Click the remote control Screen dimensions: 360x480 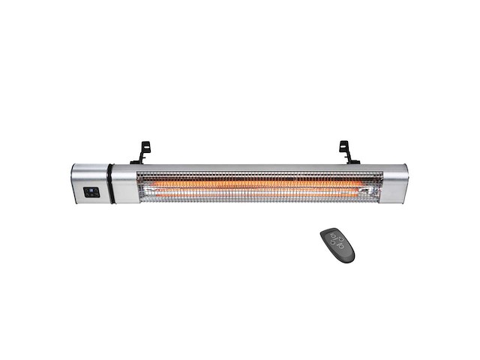click(337, 244)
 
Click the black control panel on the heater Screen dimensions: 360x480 click(91, 191)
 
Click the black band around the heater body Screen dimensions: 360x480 click(109, 184)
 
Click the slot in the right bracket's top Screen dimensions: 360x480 click(344, 145)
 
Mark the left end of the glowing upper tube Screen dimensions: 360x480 click(142, 183)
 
